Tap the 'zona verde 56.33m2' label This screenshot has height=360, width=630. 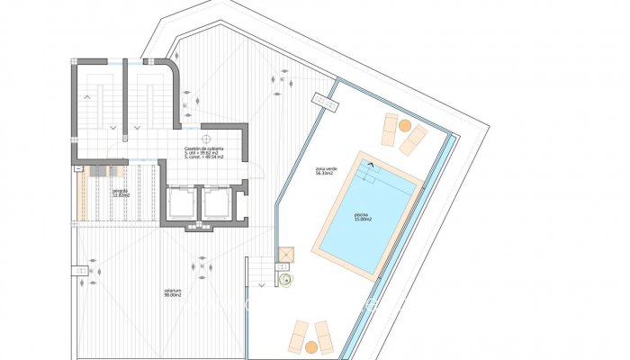point(326,171)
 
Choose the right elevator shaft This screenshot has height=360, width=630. point(216,203)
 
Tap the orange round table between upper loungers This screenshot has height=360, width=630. point(405,125)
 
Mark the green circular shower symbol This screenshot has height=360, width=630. point(287,281)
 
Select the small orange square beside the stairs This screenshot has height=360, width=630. point(286,256)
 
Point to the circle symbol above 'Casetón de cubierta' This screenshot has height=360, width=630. point(206,138)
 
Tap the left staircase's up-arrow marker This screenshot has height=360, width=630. point(87,94)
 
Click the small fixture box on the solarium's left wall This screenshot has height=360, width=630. point(82,271)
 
